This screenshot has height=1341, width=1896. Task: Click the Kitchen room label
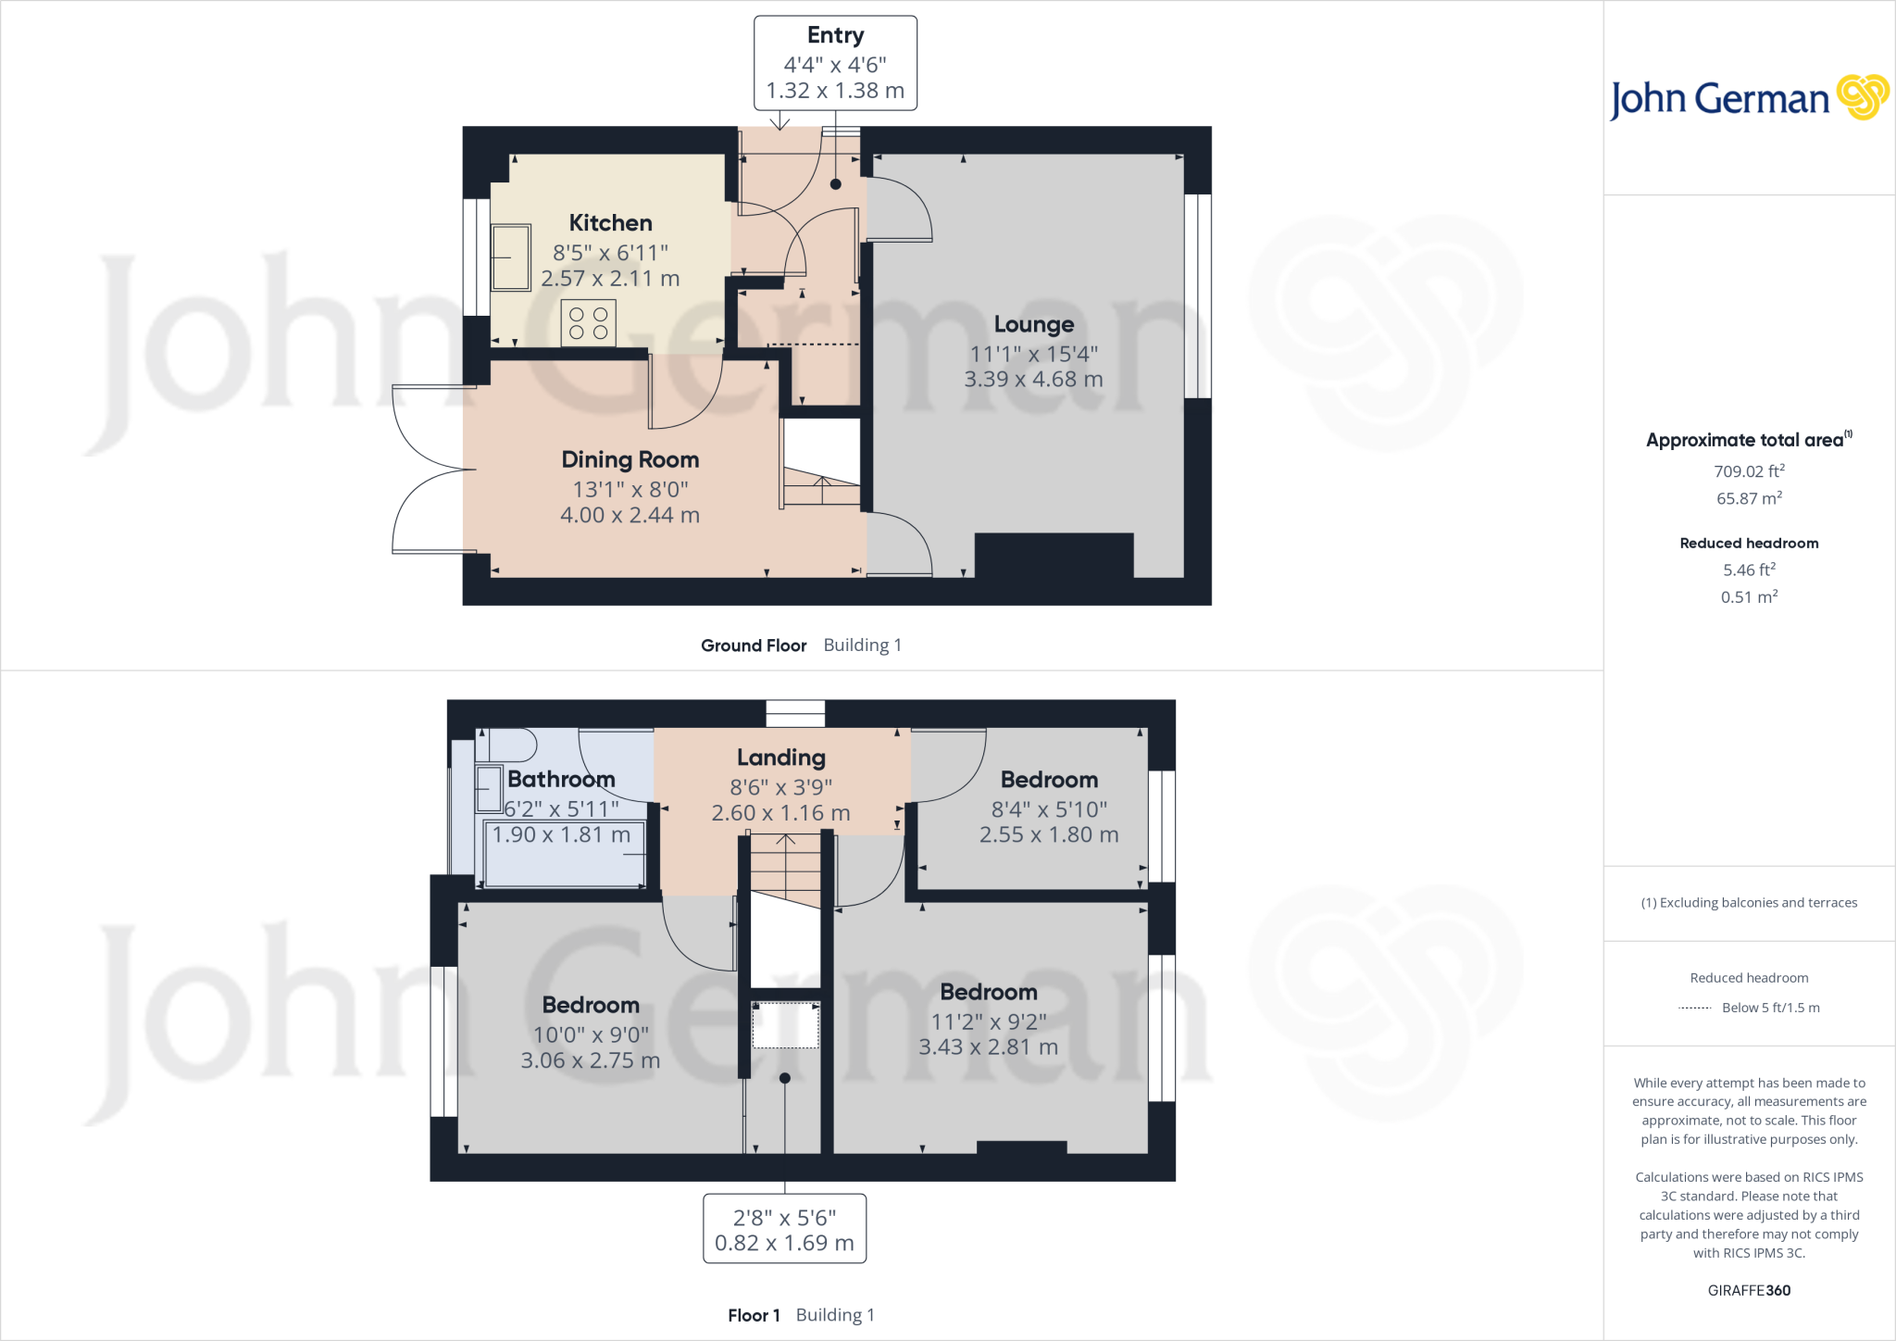coord(610,223)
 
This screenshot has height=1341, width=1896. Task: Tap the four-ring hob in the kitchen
coord(588,323)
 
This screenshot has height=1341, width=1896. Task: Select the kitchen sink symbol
coord(510,257)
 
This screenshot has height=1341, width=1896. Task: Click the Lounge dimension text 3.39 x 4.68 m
coord(1033,380)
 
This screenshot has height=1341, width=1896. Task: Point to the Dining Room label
coord(630,460)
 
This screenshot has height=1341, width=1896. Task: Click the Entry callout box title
coord(835,35)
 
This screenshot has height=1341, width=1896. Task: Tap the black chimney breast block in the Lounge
coord(1054,555)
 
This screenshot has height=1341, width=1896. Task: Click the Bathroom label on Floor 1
coord(561,780)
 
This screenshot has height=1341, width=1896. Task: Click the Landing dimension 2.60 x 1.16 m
coord(780,813)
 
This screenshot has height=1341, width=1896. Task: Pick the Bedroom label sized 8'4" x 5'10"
coord(1049,780)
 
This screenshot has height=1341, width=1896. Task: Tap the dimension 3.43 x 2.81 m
coord(988,1047)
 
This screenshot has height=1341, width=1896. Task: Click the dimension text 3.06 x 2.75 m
coord(590,1061)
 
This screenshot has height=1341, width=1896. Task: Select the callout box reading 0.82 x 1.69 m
coord(784,1229)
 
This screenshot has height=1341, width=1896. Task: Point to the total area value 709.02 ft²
coord(1748,471)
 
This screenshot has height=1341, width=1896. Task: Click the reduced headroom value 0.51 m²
coord(1748,597)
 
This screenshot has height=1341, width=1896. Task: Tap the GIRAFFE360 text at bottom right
coord(1748,1290)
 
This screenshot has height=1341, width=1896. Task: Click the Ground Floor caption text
coord(754,645)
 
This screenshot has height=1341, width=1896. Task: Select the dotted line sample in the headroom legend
coord(1694,1009)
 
